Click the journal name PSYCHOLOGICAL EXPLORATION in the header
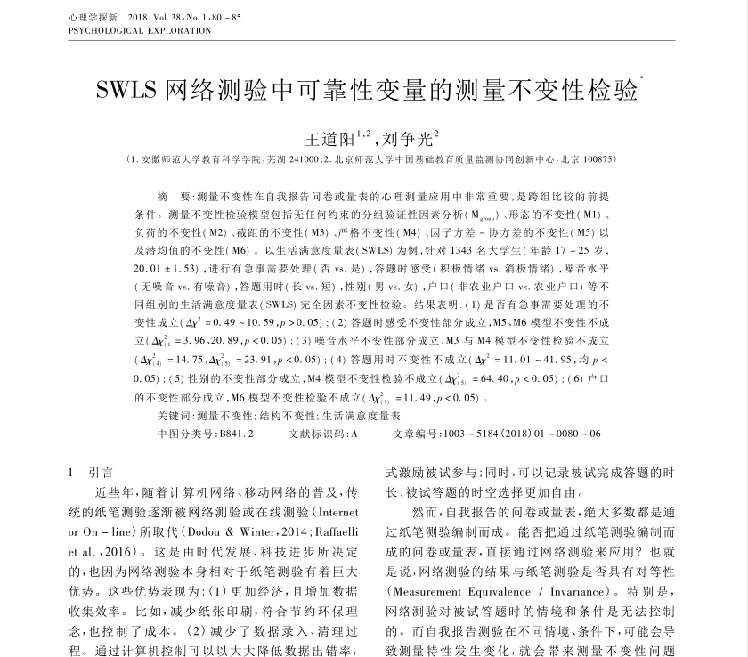click(139, 30)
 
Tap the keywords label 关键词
click(175, 416)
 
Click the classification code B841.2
click(235, 434)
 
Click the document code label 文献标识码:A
click(323, 434)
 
